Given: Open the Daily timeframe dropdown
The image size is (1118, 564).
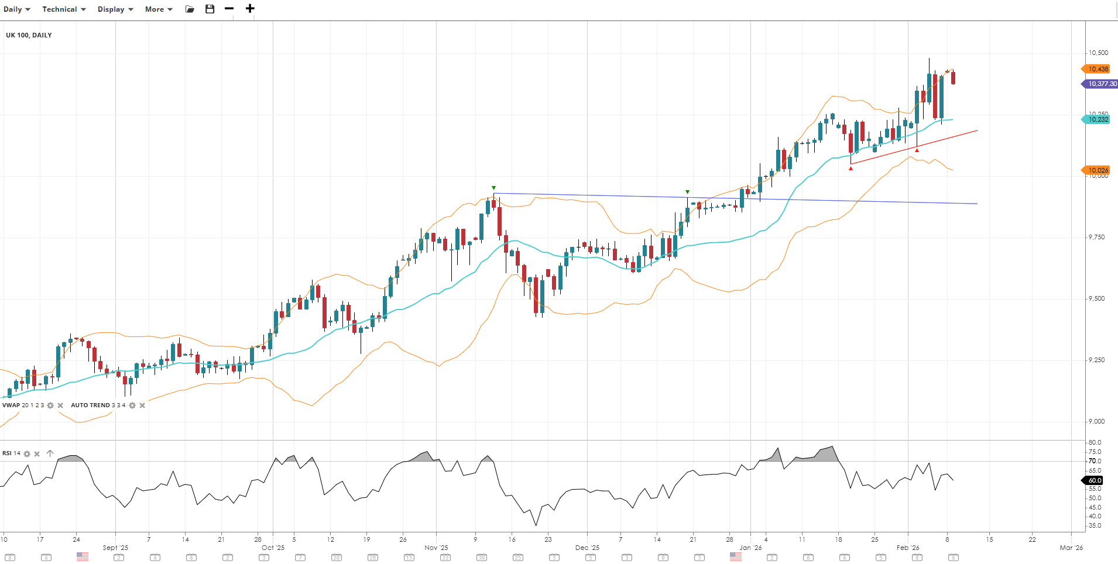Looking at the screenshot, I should (x=16, y=9).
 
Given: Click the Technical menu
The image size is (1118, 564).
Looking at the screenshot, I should (x=64, y=9).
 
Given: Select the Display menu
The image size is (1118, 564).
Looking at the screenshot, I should (x=115, y=9).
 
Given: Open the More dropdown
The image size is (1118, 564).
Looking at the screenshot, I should (x=159, y=9).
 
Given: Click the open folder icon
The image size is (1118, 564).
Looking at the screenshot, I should (x=190, y=9).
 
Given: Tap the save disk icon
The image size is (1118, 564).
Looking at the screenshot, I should (x=210, y=9).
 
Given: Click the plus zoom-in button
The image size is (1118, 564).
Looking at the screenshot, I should (x=250, y=9).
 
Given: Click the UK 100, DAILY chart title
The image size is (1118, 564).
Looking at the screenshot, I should (x=29, y=35).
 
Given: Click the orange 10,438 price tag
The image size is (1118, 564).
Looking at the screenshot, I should (x=1098, y=69).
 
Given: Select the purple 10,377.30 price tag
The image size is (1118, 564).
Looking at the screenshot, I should (x=1101, y=84).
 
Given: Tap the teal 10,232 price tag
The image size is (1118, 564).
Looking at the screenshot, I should (x=1098, y=119).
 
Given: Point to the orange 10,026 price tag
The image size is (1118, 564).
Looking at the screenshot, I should (x=1098, y=170).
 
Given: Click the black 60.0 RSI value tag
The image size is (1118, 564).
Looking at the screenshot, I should (x=1094, y=480).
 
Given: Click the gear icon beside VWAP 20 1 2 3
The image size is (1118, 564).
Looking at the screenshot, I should (x=50, y=405).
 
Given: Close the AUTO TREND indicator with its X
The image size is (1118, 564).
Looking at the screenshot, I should (x=142, y=405).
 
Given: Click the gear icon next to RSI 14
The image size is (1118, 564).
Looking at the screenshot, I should (x=27, y=453).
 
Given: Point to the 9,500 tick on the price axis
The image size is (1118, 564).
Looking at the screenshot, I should (x=1096, y=298).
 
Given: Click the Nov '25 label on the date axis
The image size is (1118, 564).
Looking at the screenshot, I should (x=436, y=548).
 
